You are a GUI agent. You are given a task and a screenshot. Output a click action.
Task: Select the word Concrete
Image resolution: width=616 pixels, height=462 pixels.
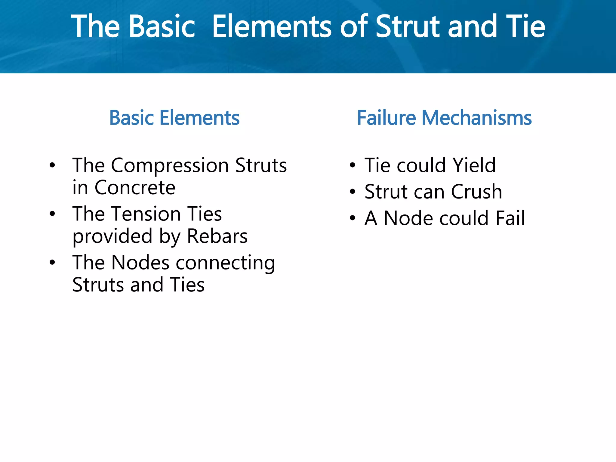click(135, 188)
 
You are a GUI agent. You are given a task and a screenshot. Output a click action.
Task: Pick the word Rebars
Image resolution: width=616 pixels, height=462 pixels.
click(217, 236)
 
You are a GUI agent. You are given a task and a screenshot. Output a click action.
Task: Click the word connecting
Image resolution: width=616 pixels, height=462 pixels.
click(225, 263)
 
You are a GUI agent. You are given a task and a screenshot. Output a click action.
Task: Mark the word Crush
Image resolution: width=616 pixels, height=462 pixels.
click(476, 192)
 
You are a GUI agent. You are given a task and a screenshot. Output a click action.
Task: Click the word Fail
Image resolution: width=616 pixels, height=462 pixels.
click(510, 218)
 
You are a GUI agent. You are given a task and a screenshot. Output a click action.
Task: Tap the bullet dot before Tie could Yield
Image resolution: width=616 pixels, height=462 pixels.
click(353, 165)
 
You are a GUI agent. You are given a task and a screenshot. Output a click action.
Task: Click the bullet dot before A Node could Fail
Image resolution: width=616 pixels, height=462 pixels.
click(353, 218)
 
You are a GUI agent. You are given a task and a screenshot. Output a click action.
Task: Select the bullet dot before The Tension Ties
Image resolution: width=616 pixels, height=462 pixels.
click(52, 214)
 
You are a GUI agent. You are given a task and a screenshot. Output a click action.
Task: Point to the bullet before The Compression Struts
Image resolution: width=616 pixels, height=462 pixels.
click(52, 165)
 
